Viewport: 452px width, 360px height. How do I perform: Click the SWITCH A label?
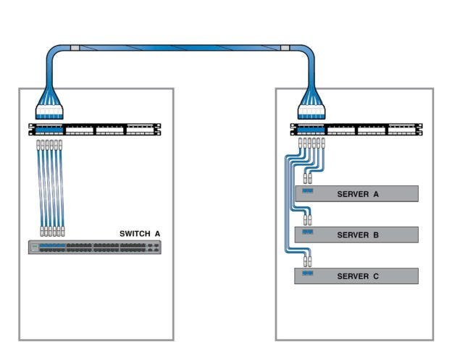pos(139,233)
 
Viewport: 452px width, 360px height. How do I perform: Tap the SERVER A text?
pos(358,194)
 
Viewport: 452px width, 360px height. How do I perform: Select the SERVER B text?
pos(358,235)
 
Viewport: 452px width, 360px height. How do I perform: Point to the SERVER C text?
pos(358,276)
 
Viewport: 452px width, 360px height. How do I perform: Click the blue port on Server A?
pos(307,191)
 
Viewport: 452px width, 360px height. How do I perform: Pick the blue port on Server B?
pos(307,233)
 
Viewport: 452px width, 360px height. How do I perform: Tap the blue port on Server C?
pos(307,274)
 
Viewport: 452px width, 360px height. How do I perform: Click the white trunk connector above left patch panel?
pos(50,112)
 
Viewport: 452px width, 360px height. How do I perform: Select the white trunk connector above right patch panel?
pos(312,112)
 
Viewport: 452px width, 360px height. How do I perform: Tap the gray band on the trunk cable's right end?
pos(285,49)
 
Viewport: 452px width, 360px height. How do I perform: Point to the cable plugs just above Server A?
pos(307,177)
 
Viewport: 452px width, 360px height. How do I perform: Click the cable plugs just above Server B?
pos(307,218)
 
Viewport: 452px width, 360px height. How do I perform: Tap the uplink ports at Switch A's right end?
pos(153,248)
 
